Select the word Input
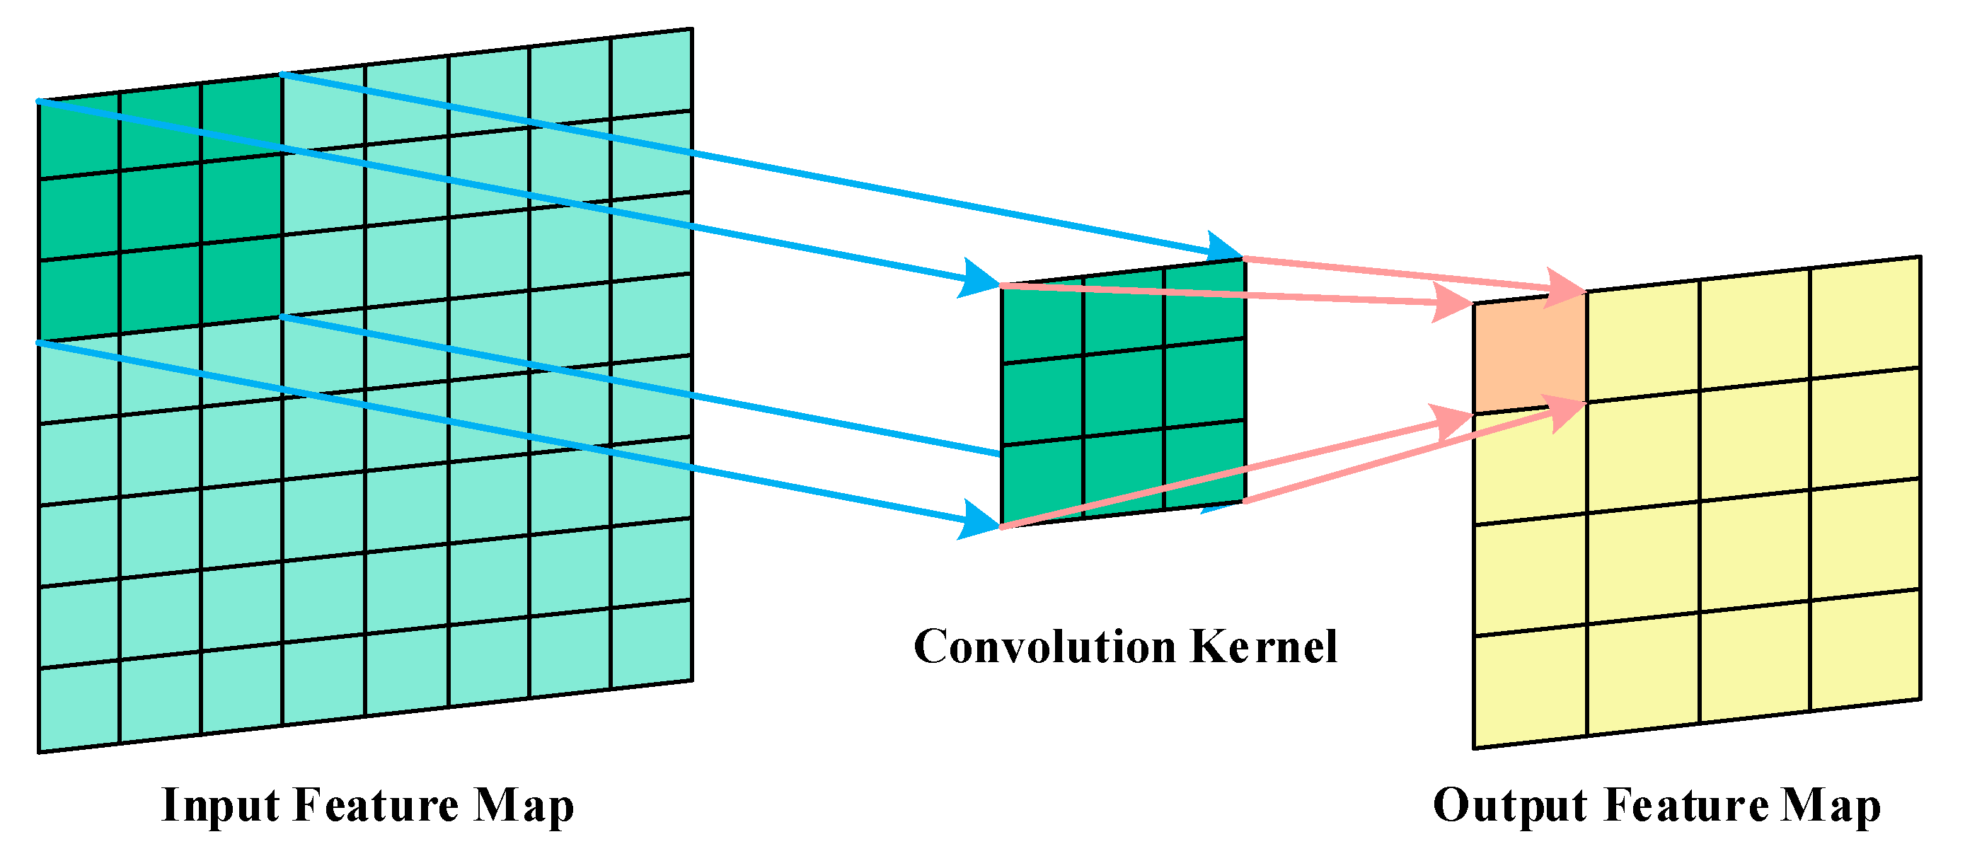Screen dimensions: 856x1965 (221, 806)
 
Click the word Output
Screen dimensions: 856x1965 (1509, 806)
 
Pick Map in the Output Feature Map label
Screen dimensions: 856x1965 (1830, 806)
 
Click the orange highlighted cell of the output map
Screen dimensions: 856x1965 (1529, 354)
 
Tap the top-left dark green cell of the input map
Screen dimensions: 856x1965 (79, 137)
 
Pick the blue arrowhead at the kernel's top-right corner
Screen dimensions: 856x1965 (1223, 247)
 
